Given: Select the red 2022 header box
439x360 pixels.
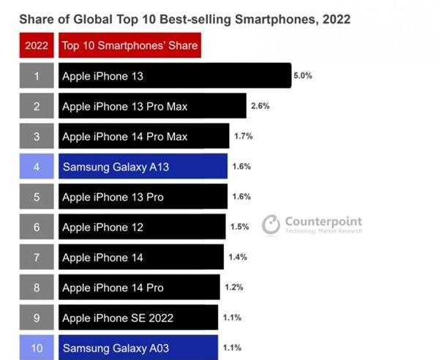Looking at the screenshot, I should click(x=37, y=46).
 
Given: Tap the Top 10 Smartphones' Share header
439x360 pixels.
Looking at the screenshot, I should click(x=130, y=46).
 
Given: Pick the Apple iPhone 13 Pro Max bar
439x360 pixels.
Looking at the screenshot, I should click(x=151, y=106).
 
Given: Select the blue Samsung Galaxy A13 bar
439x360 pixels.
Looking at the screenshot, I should click(x=143, y=167).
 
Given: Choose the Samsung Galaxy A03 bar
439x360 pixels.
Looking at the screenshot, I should click(x=138, y=348).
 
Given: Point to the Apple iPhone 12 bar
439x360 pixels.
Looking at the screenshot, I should click(x=141, y=227).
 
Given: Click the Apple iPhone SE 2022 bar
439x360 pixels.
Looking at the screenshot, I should click(x=138, y=318).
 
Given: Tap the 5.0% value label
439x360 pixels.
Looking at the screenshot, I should click(x=302, y=75).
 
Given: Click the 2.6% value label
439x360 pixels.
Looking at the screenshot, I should click(x=260, y=106).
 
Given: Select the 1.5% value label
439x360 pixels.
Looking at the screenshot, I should click(x=240, y=227).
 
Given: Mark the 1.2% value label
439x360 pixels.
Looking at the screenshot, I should click(x=235, y=288).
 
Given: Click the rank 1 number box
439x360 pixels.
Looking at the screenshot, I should click(x=37, y=75).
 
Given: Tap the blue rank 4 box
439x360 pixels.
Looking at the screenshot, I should click(x=37, y=167).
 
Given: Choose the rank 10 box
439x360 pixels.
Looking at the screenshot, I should click(x=37, y=348).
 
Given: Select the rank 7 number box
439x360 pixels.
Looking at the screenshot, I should click(x=37, y=257).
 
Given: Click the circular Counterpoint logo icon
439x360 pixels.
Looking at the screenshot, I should click(x=271, y=224).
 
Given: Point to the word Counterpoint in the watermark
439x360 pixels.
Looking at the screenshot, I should click(x=321, y=222).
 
